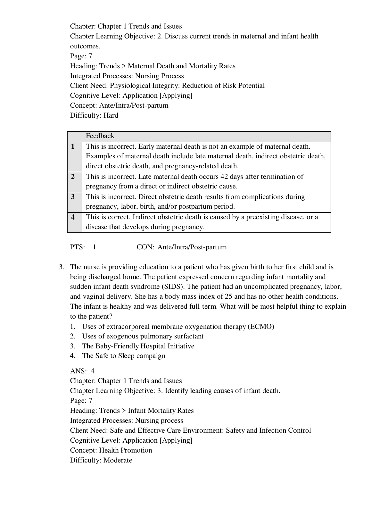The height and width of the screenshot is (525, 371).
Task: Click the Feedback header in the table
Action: (x=100, y=136)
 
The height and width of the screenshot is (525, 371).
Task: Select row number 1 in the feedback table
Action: (x=73, y=146)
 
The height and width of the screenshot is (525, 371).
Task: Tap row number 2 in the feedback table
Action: (x=73, y=177)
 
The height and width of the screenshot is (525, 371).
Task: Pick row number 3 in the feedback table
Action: (x=73, y=197)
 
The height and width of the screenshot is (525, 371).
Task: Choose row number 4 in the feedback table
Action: (x=73, y=217)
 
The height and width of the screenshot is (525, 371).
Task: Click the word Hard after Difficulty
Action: (x=111, y=115)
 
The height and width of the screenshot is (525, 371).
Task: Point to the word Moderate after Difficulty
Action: (x=118, y=460)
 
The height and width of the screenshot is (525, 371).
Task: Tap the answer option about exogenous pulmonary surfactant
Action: (x=143, y=336)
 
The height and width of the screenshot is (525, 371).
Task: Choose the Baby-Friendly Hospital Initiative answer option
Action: (x=138, y=346)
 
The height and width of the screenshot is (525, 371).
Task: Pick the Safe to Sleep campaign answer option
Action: (x=124, y=356)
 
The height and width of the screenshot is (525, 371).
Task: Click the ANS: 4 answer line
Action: (x=82, y=371)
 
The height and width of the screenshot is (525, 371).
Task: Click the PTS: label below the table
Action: (x=78, y=247)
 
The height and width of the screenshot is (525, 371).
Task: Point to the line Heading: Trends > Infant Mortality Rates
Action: (x=132, y=411)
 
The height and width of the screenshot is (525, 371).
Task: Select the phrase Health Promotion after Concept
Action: (x=126, y=450)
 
